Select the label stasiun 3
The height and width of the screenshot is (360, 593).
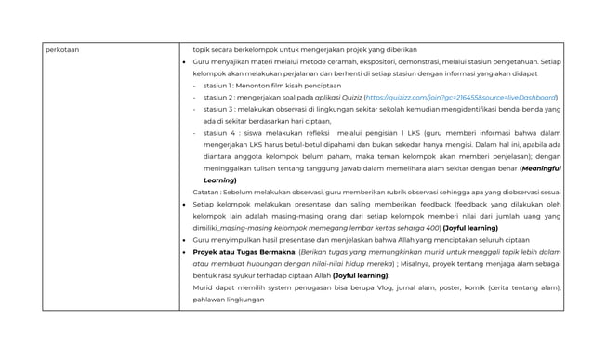pyautogui.click(x=219, y=109)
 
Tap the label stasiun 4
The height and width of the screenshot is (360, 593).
pyautogui.click(x=220, y=133)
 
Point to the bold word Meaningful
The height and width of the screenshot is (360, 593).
pyautogui.click(x=539, y=168)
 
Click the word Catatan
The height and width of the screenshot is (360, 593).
pyautogui.click(x=207, y=193)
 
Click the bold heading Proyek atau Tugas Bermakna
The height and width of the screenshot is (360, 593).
pyautogui.click(x=244, y=252)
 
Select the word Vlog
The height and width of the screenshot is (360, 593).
pyautogui.click(x=419, y=288)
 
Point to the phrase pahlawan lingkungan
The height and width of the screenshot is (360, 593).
pyautogui.click(x=228, y=300)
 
